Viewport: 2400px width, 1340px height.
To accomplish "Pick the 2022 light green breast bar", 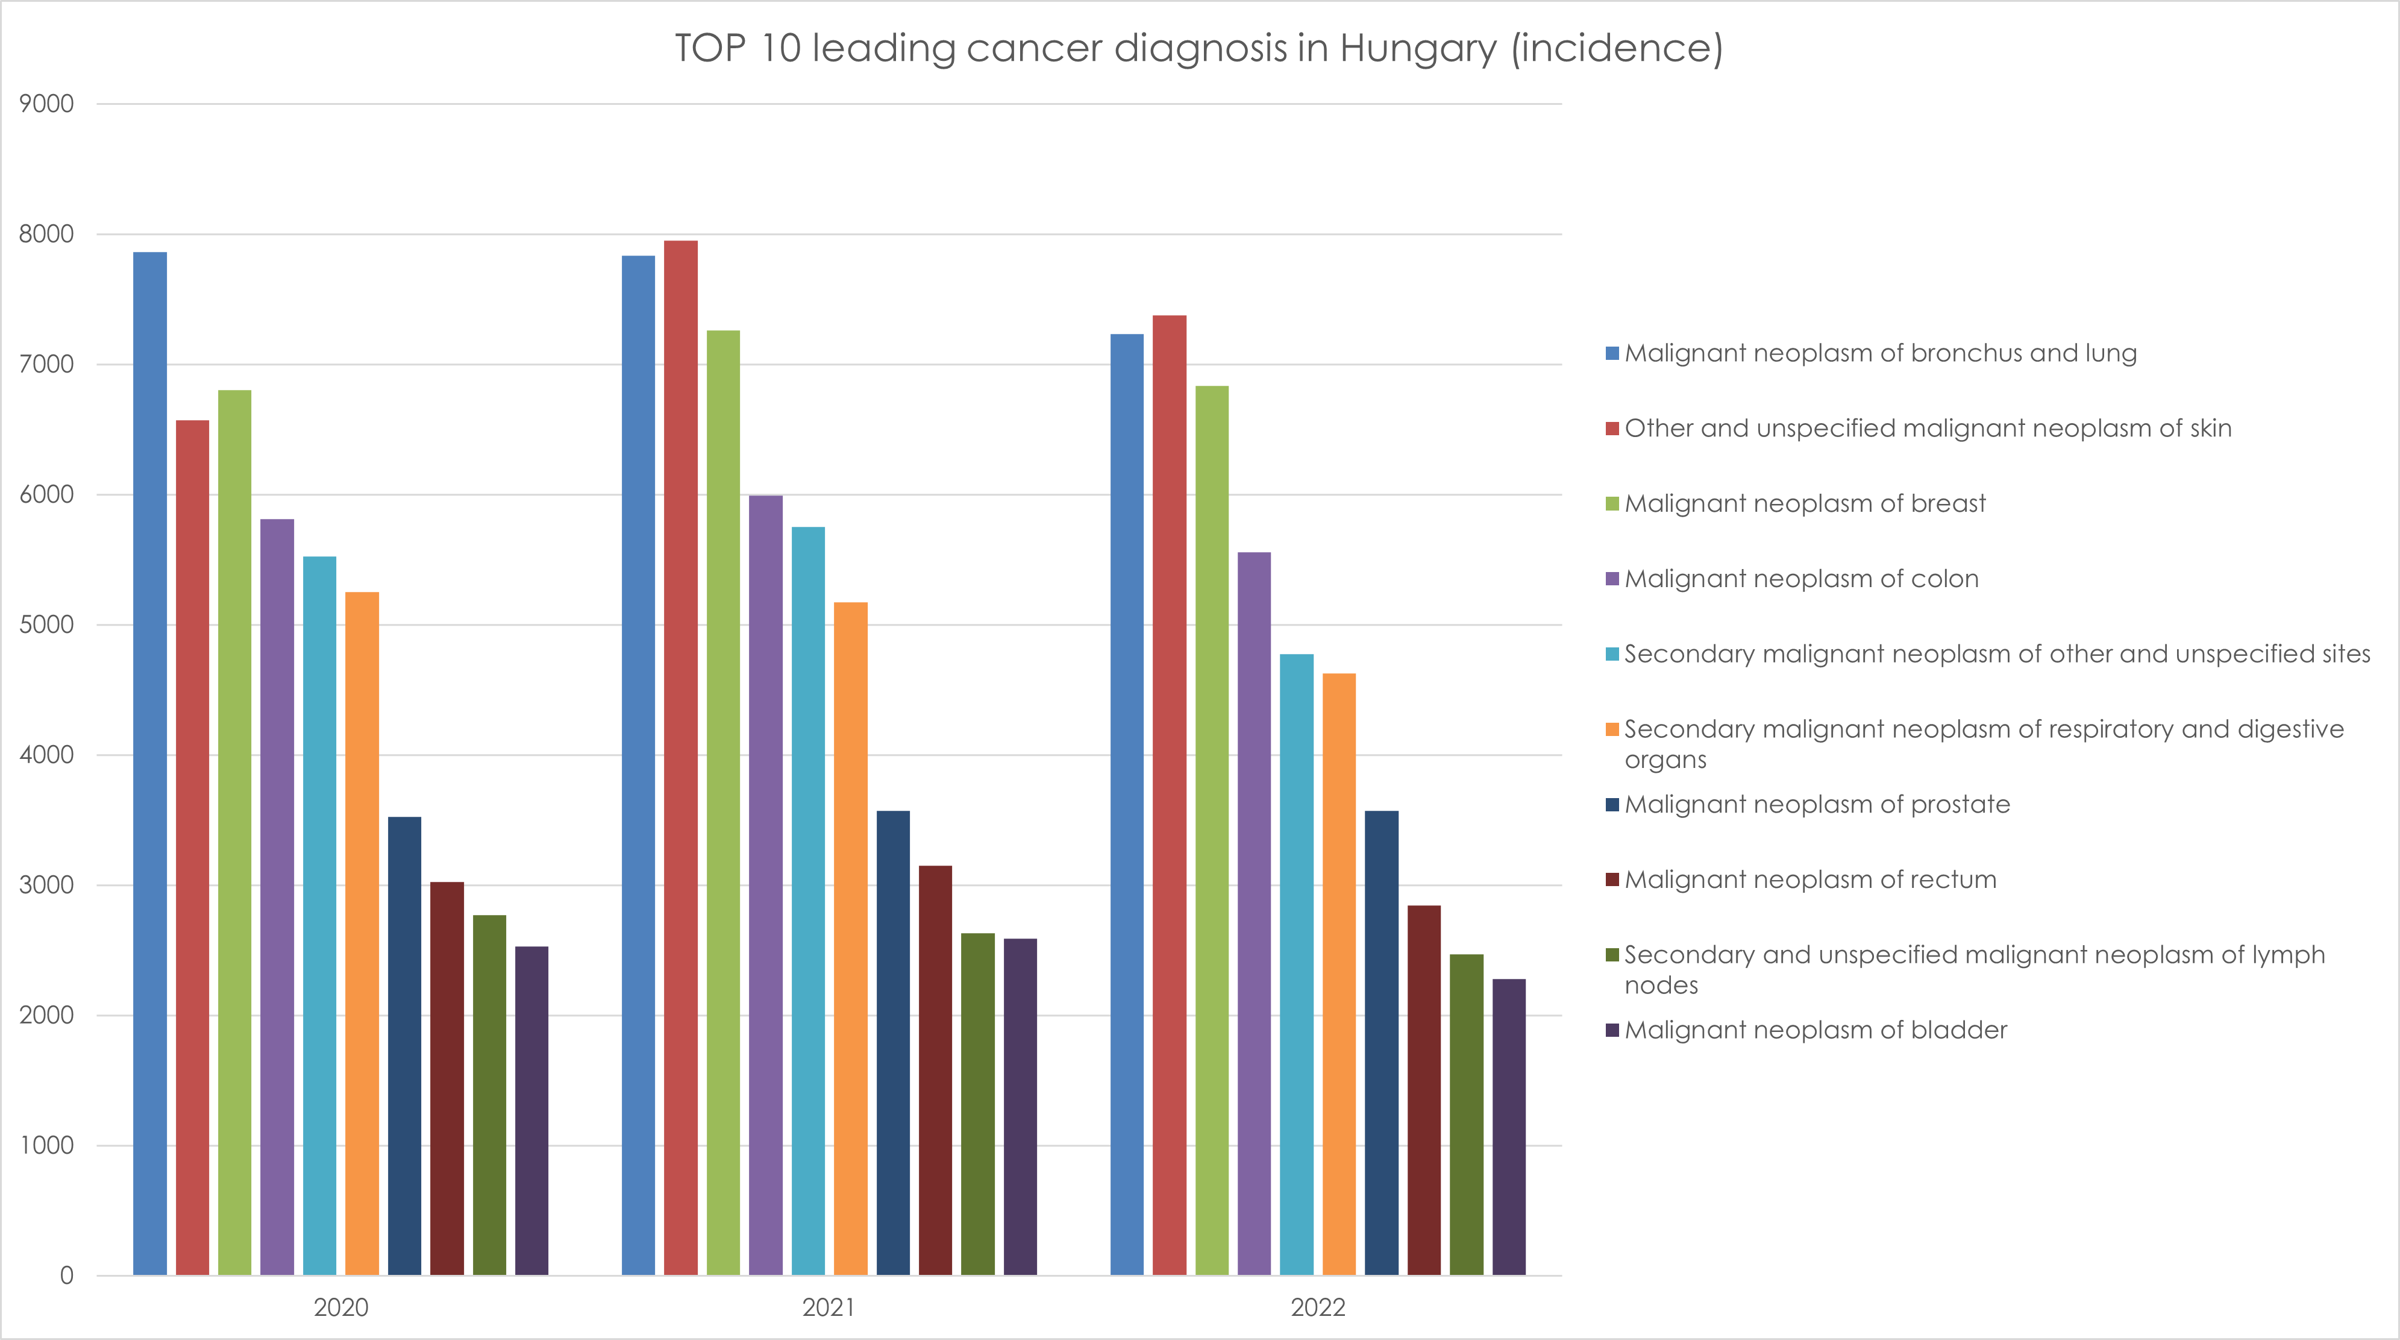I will click(1212, 829).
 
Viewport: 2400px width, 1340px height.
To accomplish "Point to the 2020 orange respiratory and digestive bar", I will click(362, 932).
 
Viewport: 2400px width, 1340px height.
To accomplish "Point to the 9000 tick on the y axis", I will click(46, 104).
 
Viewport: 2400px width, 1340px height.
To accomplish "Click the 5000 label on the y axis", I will click(46, 624).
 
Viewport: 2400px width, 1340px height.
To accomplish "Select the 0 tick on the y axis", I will click(66, 1276).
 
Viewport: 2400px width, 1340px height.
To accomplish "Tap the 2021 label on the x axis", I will click(829, 1307).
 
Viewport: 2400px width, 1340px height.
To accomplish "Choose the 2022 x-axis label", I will click(1317, 1307).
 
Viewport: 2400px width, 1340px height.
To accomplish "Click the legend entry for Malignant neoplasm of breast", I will click(1805, 503).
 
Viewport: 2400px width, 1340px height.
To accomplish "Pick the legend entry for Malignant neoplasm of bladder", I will click(1815, 1030).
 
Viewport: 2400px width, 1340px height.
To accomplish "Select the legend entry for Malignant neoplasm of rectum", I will click(1810, 879).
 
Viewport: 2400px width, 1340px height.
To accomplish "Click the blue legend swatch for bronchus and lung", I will click(1612, 353).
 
